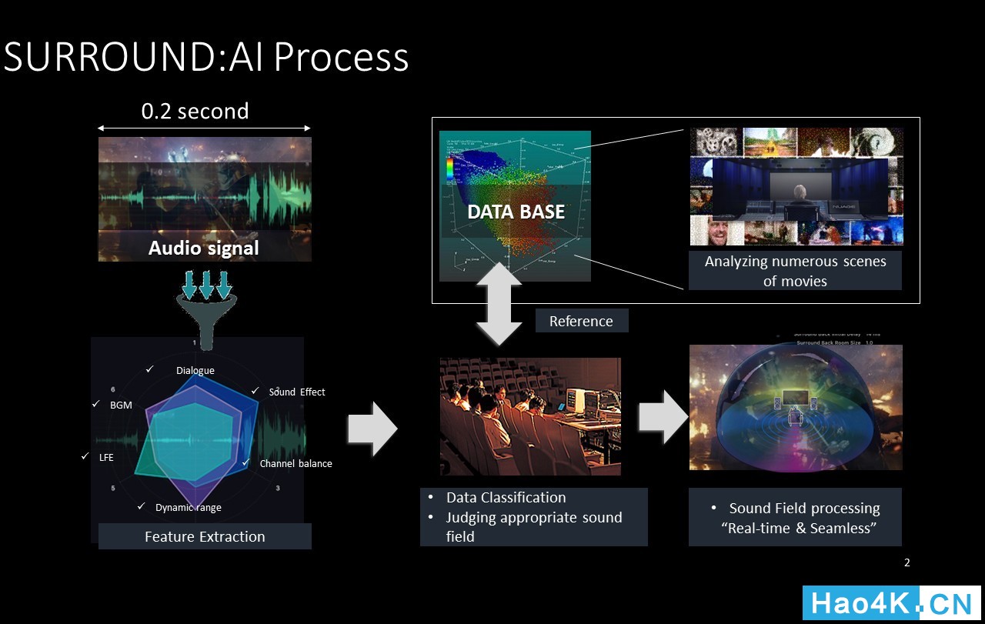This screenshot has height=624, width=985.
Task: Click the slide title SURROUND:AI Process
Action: [206, 57]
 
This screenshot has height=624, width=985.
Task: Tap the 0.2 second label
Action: [195, 112]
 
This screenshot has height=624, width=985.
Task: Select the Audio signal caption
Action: [203, 248]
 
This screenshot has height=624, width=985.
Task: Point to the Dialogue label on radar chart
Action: [195, 370]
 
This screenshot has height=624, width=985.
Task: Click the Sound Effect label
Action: [296, 392]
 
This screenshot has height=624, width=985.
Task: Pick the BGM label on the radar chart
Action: [121, 405]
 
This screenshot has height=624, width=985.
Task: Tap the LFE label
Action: [106, 457]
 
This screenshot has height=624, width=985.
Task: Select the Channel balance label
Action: [295, 463]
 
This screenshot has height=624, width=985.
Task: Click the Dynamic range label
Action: [188, 507]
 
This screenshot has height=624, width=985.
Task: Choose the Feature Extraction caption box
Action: [205, 536]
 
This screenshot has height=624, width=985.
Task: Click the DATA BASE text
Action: [516, 212]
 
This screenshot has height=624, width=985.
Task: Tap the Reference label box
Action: [581, 321]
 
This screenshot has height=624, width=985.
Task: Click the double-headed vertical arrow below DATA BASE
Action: [499, 303]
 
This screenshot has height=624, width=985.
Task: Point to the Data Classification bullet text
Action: [506, 498]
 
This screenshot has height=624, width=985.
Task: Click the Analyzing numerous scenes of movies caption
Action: [795, 271]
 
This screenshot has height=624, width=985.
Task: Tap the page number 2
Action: [907, 562]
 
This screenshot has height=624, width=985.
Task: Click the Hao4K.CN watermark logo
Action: [891, 603]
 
